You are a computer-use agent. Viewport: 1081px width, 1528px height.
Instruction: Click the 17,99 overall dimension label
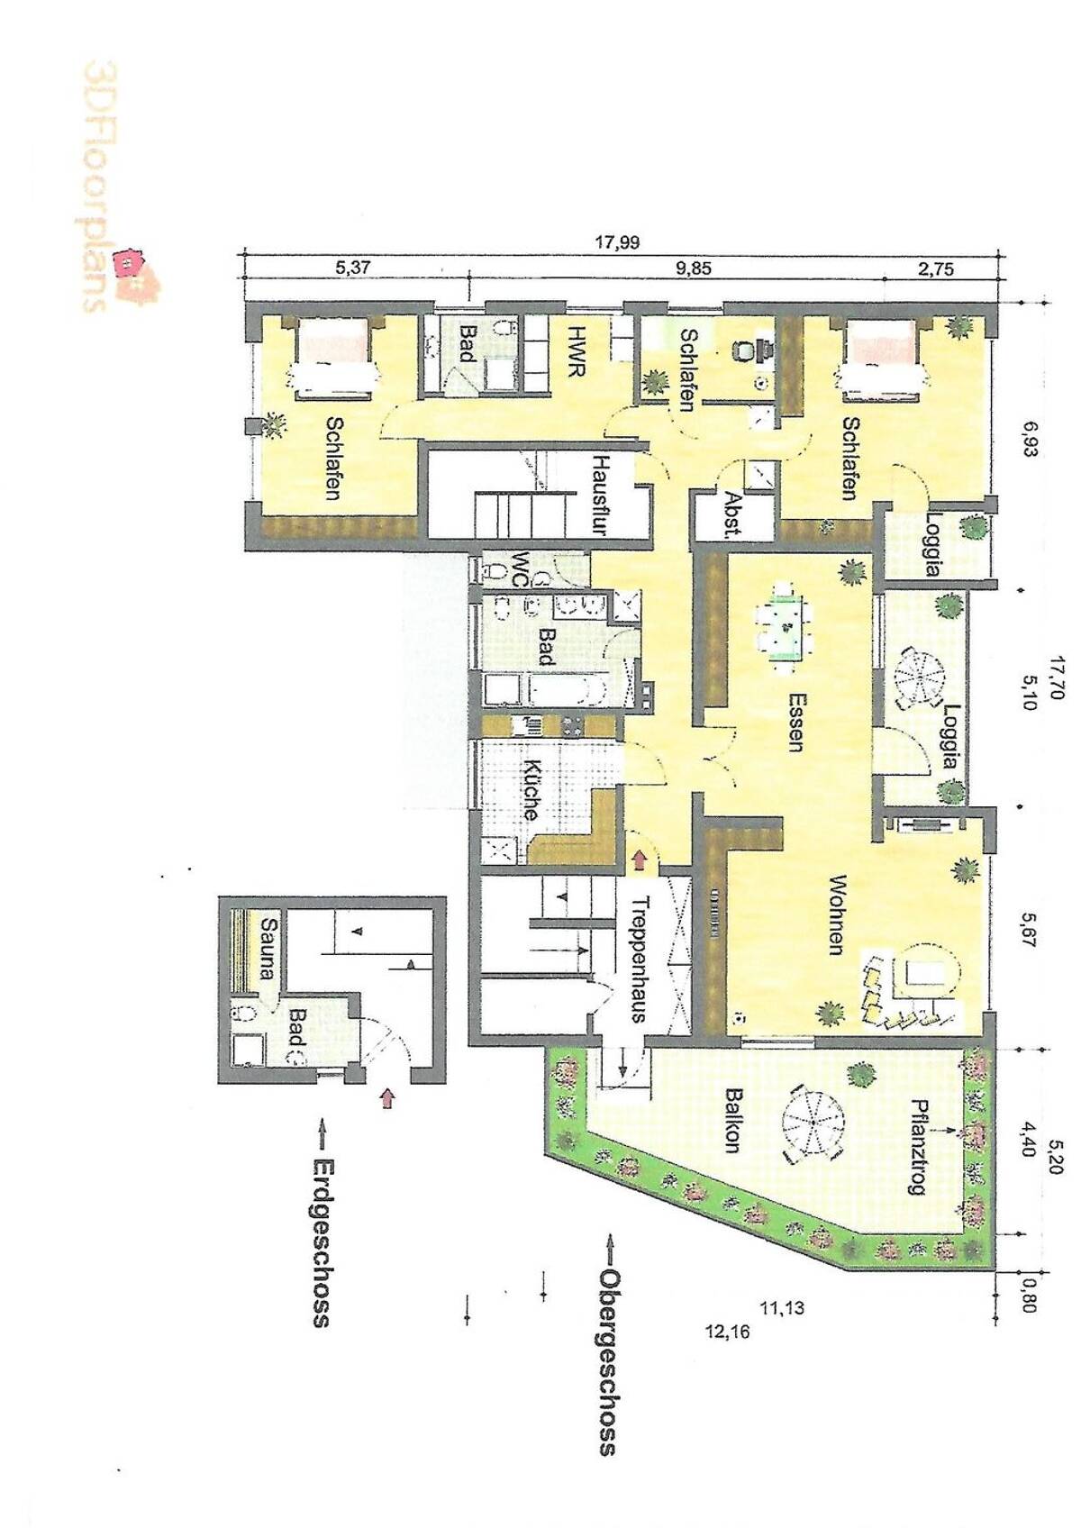click(617, 242)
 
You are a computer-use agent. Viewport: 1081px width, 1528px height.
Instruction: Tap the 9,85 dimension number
click(693, 268)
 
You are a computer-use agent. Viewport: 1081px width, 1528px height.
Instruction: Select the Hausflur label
click(599, 496)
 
